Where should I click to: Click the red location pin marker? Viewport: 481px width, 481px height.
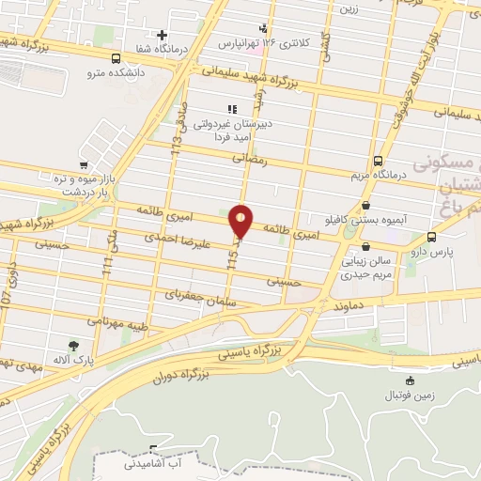tap(241, 221)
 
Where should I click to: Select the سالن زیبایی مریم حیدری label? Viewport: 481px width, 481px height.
tap(377, 270)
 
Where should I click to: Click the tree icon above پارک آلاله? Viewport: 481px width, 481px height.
tap(73, 345)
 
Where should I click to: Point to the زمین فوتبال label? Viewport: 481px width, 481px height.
tap(410, 396)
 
